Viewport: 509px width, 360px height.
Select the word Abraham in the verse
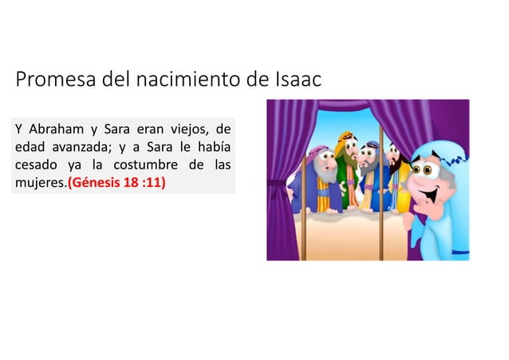coord(55,130)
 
